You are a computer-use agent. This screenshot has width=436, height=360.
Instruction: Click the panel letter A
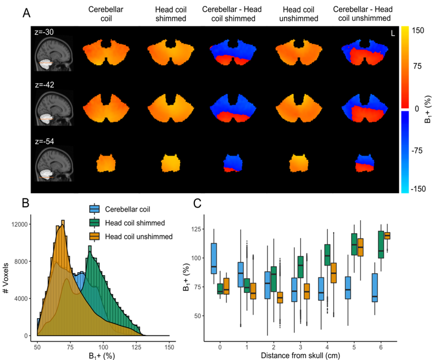pos(27,13)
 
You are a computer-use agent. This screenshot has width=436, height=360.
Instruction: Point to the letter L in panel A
pos(392,33)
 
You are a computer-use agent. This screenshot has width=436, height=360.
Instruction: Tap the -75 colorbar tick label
pos(416,150)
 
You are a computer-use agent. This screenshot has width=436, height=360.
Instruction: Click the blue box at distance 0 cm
pos(214,258)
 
